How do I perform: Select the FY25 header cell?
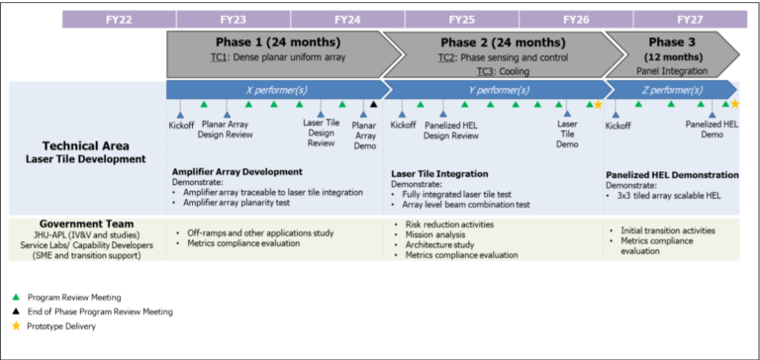click(x=461, y=18)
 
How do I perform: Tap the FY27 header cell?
click(x=689, y=18)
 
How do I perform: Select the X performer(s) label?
click(x=273, y=89)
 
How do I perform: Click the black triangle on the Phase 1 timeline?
click(x=373, y=104)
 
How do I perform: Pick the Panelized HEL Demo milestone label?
click(x=712, y=131)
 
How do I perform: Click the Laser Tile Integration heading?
click(x=440, y=172)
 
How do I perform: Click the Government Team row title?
click(x=86, y=224)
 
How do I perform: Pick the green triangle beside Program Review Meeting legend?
click(x=16, y=296)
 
